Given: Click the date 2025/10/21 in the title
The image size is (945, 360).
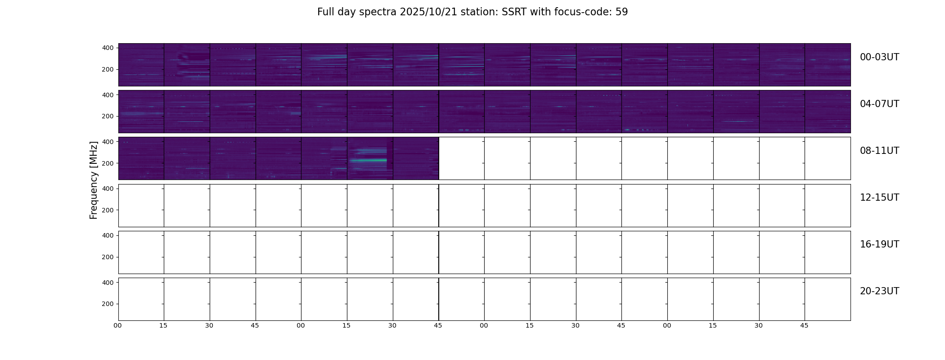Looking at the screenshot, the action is coord(428,12).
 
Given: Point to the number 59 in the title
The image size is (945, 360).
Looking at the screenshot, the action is coord(621,12).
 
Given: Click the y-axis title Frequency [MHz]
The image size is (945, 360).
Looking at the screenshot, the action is coord(94,180).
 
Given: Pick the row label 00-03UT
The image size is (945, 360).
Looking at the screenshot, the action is coord(879,57).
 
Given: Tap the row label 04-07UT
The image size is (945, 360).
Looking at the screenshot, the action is coord(879,104).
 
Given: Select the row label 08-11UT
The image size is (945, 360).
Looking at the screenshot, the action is coord(879,151).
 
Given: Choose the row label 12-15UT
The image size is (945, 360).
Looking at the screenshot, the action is coord(879,198).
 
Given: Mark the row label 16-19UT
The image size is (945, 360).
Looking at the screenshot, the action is coord(879,244).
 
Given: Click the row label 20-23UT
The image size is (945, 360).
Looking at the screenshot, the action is coord(879,291).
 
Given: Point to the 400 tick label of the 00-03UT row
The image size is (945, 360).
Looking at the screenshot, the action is coord(108,48).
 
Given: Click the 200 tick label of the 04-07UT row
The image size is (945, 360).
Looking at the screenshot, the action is coord(108,116).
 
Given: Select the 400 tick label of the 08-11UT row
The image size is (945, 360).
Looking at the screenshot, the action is coord(108,142).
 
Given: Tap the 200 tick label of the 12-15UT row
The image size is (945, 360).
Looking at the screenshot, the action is coord(108,210).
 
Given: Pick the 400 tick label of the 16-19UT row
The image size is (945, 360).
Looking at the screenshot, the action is coord(108,235).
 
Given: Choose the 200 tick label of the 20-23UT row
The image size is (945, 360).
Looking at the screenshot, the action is coord(108,304).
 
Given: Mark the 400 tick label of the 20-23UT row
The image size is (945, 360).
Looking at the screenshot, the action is coord(108,283).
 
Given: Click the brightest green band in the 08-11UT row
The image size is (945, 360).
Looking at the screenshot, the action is coord(368,160).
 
